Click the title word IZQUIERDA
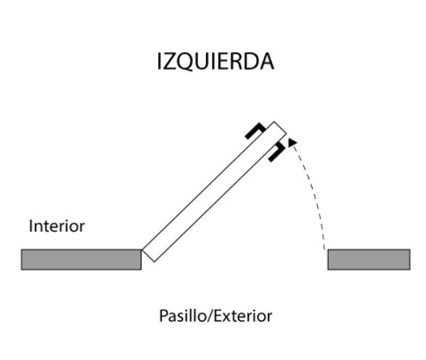tap(216, 62)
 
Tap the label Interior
tap(57, 226)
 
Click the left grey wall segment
tap(81, 259)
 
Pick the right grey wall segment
tap(369, 259)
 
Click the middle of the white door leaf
tap(214, 192)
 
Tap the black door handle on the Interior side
tap(255, 131)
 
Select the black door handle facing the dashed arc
tap(277, 152)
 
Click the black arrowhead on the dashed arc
tap(292, 142)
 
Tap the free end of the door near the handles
tap(280, 128)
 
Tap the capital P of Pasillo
tap(163, 316)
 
